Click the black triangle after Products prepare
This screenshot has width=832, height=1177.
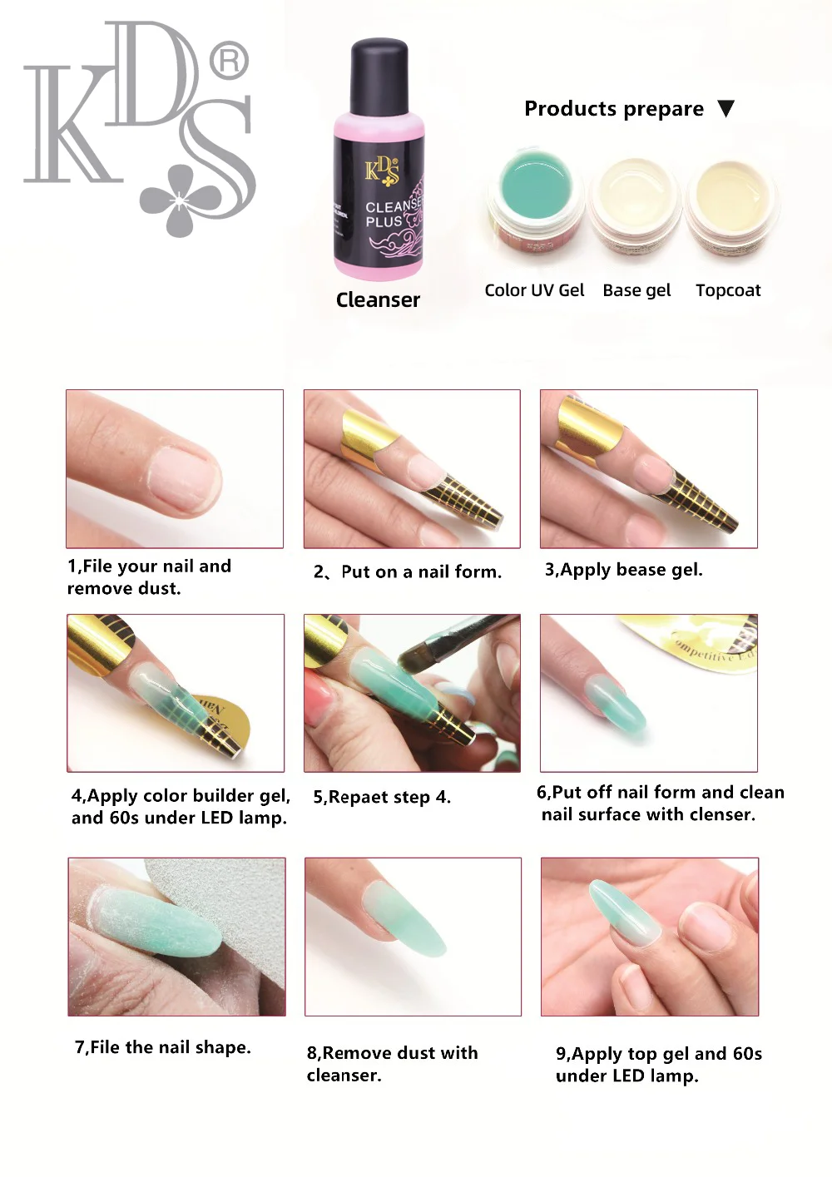726,108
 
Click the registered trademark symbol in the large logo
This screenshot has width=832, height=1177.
229,62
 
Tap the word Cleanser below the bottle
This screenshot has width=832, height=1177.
378,300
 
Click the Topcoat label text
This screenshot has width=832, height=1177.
728,290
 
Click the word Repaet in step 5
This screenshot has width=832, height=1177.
364,798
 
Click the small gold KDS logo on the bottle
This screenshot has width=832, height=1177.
382,172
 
